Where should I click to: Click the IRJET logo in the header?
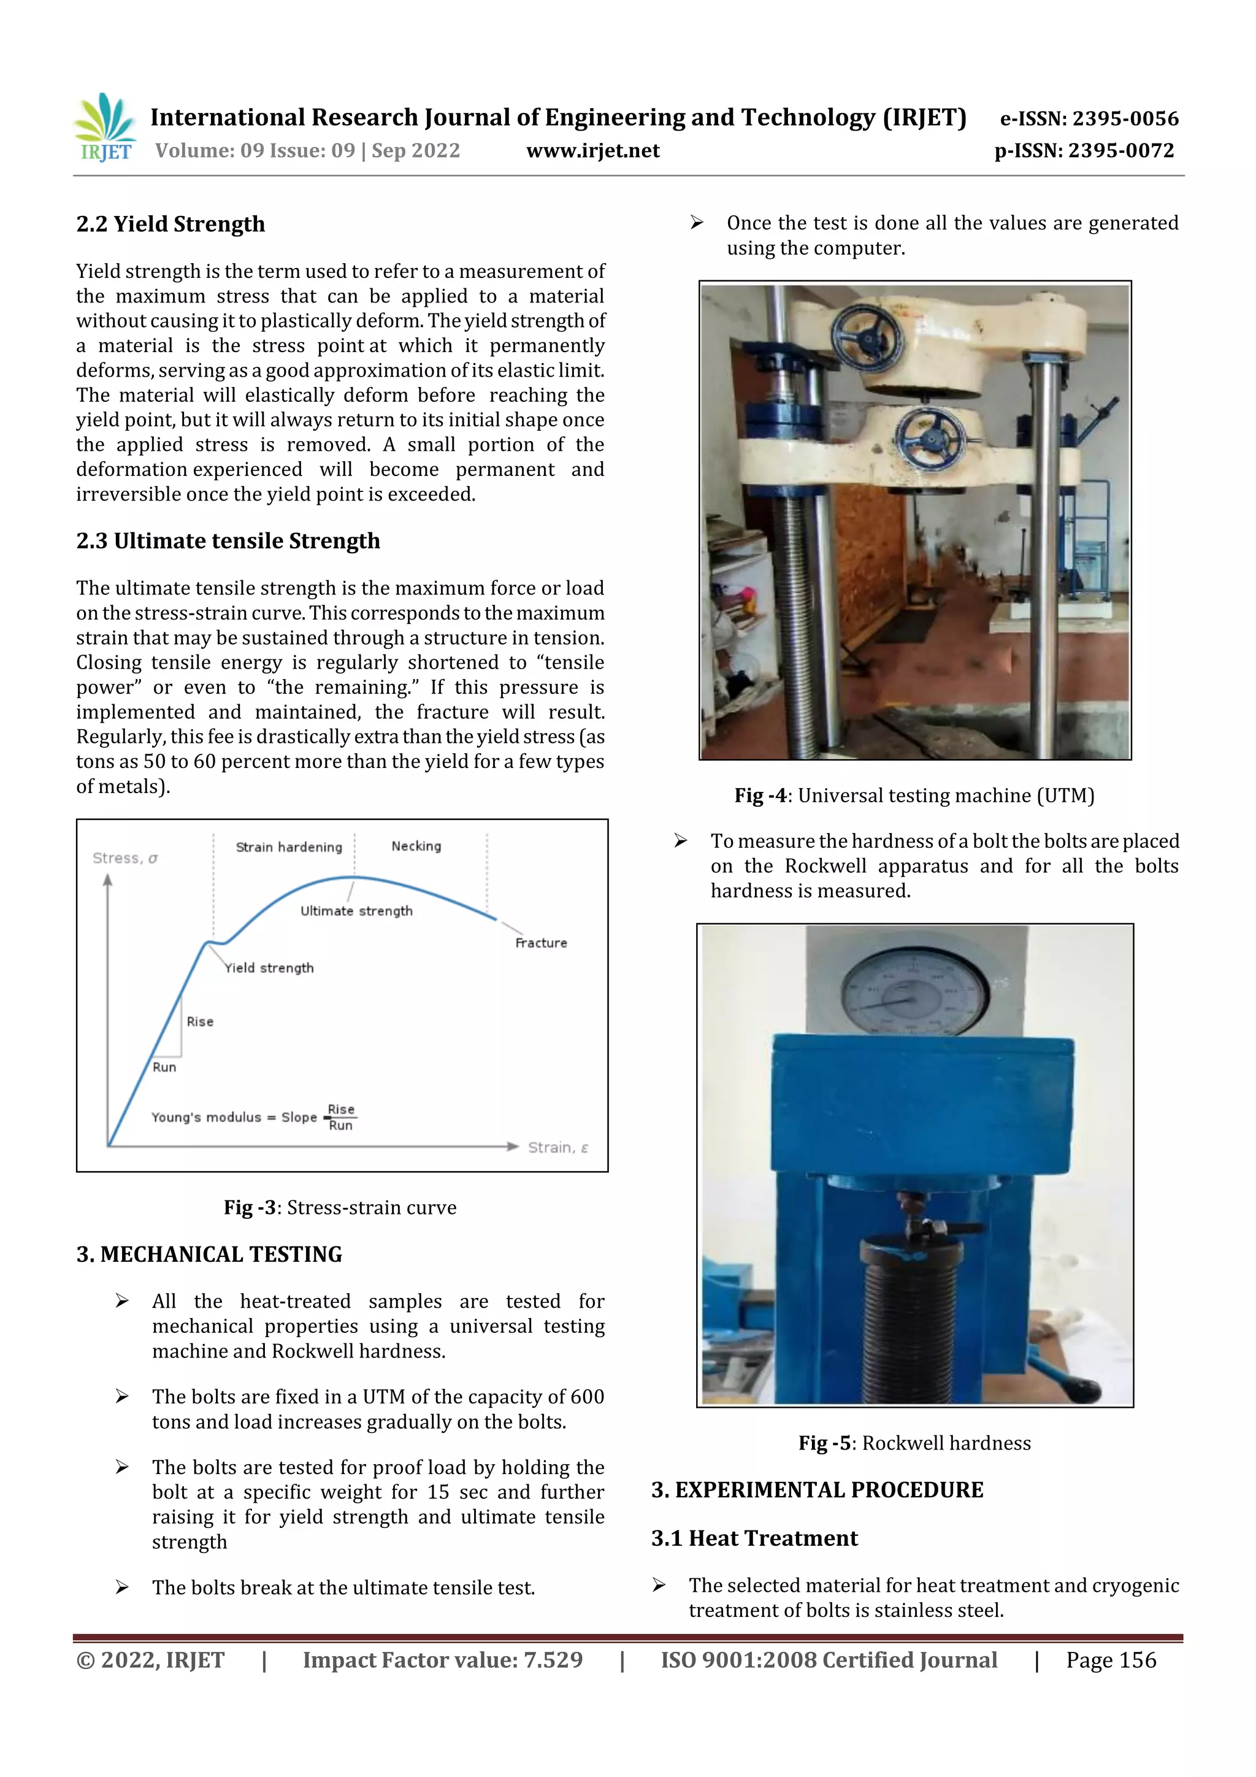click(104, 128)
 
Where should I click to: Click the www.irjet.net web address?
click(593, 151)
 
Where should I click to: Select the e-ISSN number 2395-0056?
click(1089, 118)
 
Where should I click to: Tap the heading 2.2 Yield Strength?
click(170, 225)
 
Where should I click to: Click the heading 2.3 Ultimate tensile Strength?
click(228, 541)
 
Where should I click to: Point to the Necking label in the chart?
click(416, 846)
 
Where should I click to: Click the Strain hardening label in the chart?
click(289, 846)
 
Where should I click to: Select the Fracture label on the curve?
click(541, 943)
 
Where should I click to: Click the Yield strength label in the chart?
click(269, 967)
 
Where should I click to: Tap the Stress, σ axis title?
click(124, 858)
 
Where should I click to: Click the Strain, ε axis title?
click(557, 1147)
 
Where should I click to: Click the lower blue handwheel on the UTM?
click(928, 437)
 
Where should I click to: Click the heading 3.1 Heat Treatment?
click(754, 1538)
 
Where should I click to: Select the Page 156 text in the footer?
click(1111, 1659)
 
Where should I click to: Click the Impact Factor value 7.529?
click(443, 1659)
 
